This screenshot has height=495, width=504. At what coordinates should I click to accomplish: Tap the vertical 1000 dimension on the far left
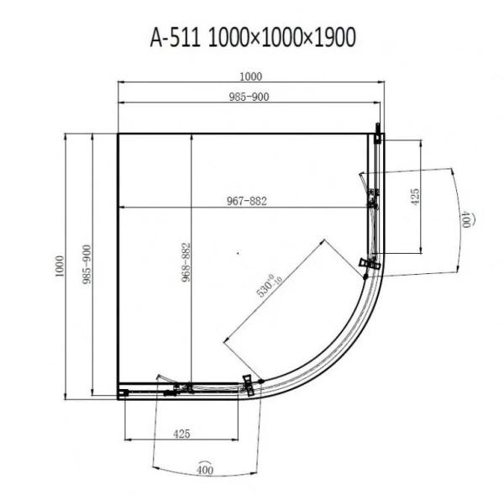pos(60,266)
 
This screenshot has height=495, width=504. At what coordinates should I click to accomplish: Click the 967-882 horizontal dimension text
pos(246,200)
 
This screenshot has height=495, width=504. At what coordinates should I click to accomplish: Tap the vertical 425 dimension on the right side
pos(414,198)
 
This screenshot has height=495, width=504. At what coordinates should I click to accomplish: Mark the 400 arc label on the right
pos(465,220)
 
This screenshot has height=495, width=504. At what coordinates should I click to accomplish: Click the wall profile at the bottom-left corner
pos(123,391)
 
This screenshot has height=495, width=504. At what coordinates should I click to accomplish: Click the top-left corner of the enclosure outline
pos(117,133)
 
